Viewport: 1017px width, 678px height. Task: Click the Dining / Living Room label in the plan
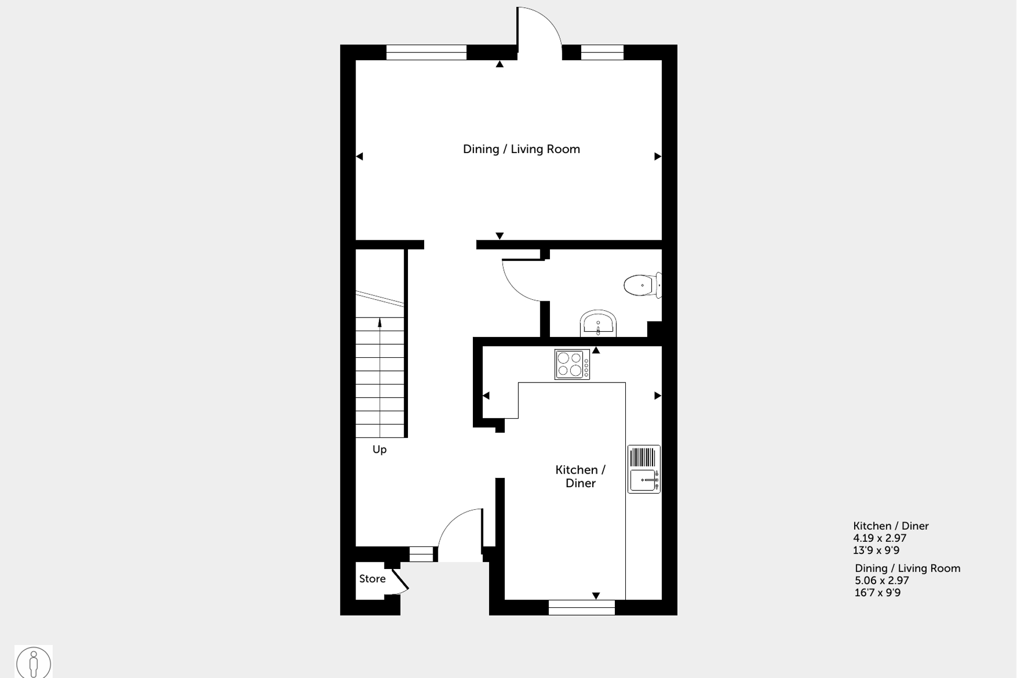click(x=521, y=149)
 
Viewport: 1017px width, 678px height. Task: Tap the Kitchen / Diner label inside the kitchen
click(x=580, y=476)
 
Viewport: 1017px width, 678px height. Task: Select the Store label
click(x=372, y=578)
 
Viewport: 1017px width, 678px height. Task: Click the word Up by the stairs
click(x=379, y=449)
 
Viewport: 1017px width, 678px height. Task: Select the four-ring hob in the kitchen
click(x=572, y=364)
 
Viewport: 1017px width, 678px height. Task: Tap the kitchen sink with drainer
click(x=644, y=469)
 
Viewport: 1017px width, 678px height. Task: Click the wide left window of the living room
click(x=426, y=52)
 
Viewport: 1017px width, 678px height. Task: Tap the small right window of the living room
click(x=602, y=52)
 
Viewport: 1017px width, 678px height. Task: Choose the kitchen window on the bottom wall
click(x=581, y=607)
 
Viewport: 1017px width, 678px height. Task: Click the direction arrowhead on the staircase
click(x=380, y=322)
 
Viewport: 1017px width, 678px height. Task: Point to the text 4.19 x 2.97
click(x=880, y=538)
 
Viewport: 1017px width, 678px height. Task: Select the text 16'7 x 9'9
click(x=878, y=593)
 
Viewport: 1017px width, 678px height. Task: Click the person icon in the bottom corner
click(x=34, y=662)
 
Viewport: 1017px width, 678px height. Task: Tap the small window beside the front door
click(x=421, y=554)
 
